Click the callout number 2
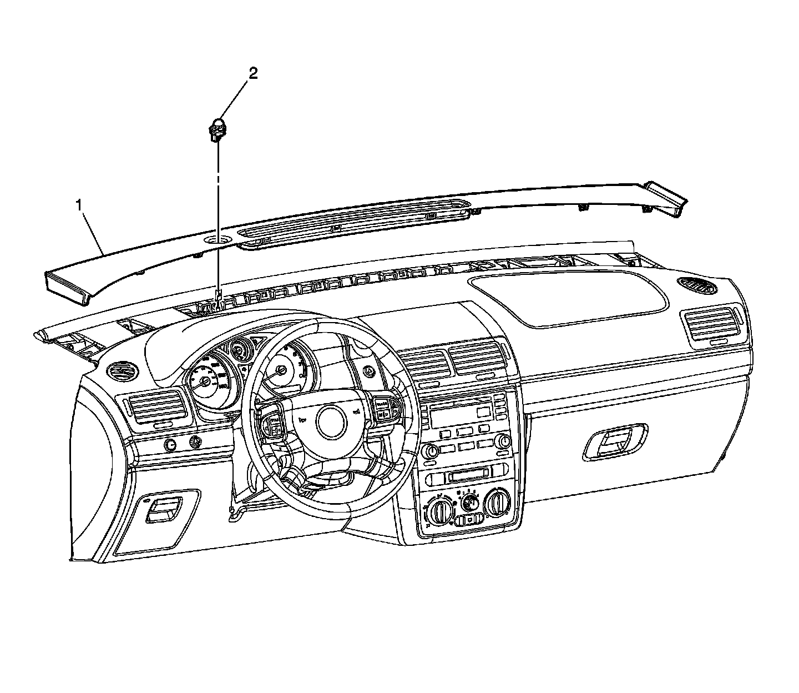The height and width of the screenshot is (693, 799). click(x=253, y=74)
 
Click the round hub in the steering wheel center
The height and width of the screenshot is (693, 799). click(x=332, y=420)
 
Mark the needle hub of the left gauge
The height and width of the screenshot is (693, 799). click(x=206, y=381)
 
